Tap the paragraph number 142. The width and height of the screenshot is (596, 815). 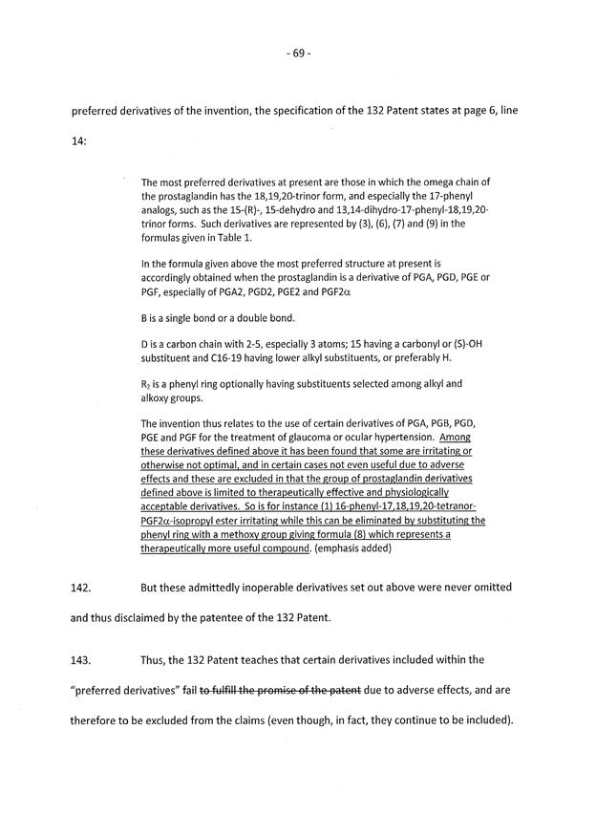[x=82, y=589]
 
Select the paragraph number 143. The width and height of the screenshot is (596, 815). [x=82, y=659]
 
